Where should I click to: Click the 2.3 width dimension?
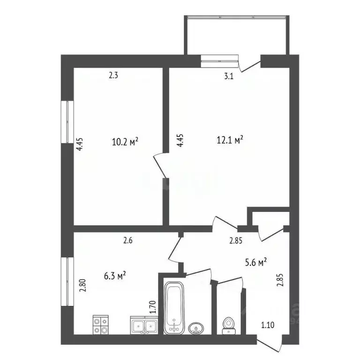coord(113,75)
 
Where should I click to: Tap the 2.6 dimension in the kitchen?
coord(128,241)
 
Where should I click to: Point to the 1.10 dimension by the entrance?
coord(269,324)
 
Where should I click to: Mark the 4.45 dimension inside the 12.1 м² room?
coord(180,142)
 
